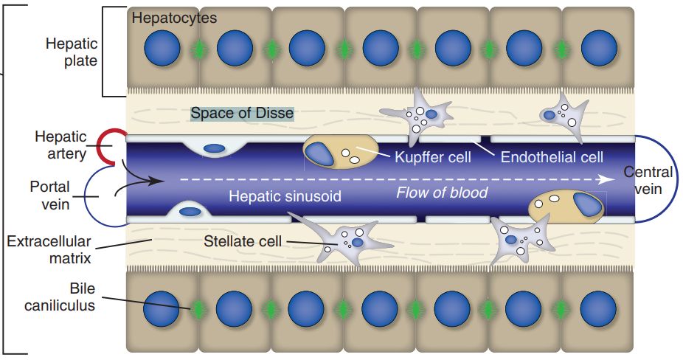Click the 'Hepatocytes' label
click(x=174, y=18)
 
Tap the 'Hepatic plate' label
click(x=71, y=52)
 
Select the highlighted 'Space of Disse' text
click(x=242, y=114)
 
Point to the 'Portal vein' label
click(x=50, y=195)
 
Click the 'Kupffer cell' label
click(x=432, y=157)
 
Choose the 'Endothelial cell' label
click(x=552, y=157)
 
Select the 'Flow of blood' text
click(x=442, y=193)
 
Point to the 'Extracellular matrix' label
click(x=48, y=249)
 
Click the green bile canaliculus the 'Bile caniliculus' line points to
click(x=198, y=309)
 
